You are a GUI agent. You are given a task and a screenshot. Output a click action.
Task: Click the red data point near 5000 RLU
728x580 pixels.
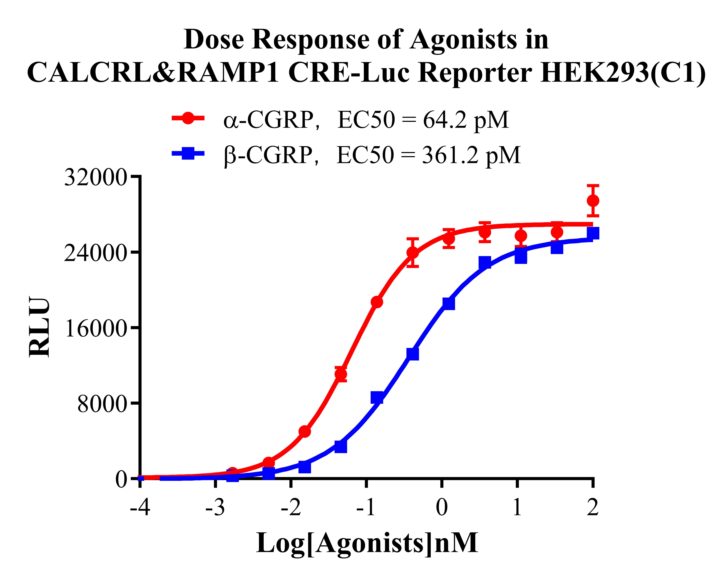pyautogui.click(x=305, y=431)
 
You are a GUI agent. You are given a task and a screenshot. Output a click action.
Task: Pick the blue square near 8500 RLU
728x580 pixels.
pyautogui.click(x=377, y=398)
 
